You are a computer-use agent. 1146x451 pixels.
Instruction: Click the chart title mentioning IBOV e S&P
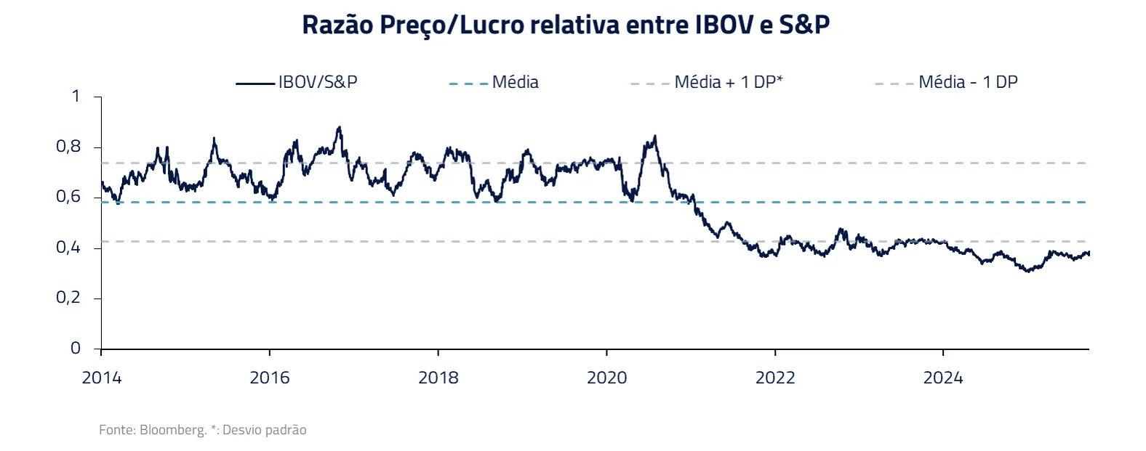(x=566, y=25)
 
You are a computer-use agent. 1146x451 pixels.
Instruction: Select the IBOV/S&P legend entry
(x=317, y=82)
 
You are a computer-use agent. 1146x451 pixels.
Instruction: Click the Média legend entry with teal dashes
(x=515, y=82)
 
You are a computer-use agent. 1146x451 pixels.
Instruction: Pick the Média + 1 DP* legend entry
(x=728, y=82)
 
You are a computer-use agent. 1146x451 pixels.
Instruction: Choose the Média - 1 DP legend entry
(x=967, y=82)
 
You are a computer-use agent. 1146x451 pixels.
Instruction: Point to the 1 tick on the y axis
(x=76, y=96)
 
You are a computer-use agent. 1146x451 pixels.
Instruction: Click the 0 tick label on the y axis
(x=76, y=349)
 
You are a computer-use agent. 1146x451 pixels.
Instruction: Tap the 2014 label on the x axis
(x=102, y=378)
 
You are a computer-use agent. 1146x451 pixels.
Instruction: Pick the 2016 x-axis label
(x=270, y=378)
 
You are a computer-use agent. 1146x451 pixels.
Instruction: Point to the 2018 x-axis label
(x=438, y=378)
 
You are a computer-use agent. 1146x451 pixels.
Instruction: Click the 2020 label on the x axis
(x=607, y=378)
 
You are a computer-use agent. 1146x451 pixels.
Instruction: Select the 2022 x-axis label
(x=775, y=378)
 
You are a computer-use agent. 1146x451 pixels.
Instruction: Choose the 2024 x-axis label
(x=943, y=378)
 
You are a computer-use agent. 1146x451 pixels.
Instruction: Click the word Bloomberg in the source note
(x=173, y=430)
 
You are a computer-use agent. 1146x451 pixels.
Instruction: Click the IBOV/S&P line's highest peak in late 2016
(x=339, y=128)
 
